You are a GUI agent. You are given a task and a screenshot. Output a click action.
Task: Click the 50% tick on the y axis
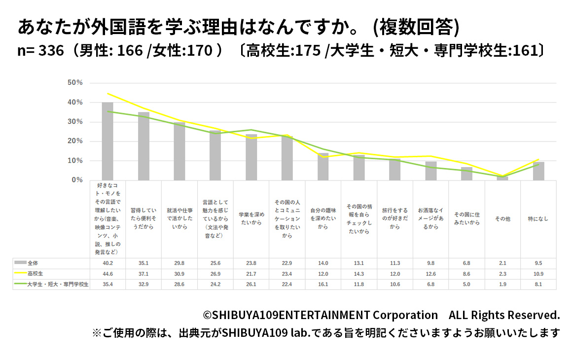[75, 83]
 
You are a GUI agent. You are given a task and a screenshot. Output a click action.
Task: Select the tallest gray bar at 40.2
[107, 141]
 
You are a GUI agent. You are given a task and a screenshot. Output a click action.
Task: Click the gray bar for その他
[502, 178]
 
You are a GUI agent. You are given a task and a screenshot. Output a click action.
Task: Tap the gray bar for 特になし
[538, 171]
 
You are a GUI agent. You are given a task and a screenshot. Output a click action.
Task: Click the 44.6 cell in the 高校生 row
[107, 273]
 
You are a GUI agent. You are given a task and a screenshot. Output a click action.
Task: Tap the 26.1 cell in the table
[251, 285]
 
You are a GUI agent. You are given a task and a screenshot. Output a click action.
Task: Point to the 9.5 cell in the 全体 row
[538, 263]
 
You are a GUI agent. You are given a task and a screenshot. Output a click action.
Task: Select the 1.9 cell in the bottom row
[502, 285]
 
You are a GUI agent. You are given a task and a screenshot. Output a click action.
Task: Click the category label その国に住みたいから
[466, 218]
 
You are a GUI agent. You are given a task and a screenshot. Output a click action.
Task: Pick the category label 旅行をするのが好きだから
[395, 218]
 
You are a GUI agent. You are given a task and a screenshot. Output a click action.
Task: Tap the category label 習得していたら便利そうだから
[143, 218]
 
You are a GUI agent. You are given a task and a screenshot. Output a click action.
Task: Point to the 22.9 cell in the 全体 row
[287, 263]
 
